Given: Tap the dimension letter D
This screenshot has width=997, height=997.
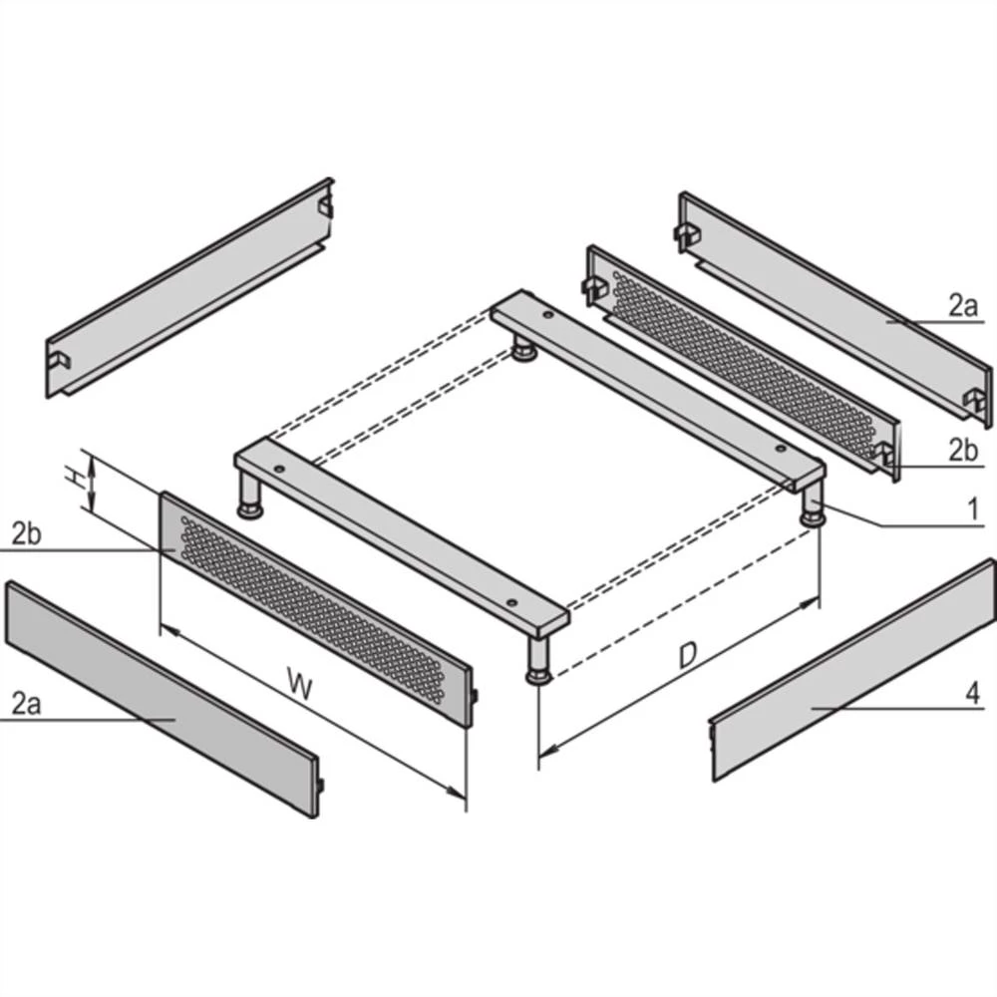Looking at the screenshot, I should point(687,655).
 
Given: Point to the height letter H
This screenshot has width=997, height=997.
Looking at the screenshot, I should point(74,479).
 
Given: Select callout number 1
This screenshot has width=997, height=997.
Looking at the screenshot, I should point(970,510).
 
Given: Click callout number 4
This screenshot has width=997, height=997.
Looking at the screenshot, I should point(972,691).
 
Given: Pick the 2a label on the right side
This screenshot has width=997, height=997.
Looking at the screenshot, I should point(962,306).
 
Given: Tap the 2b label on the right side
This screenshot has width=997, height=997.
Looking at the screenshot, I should point(962,450).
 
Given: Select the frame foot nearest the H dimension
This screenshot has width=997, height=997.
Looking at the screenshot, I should point(250,499).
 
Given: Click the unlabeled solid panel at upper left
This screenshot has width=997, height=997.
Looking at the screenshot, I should point(189,289).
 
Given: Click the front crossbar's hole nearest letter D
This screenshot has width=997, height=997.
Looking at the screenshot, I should point(511,601).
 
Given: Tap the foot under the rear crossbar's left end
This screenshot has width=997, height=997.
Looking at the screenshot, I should point(521,349).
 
